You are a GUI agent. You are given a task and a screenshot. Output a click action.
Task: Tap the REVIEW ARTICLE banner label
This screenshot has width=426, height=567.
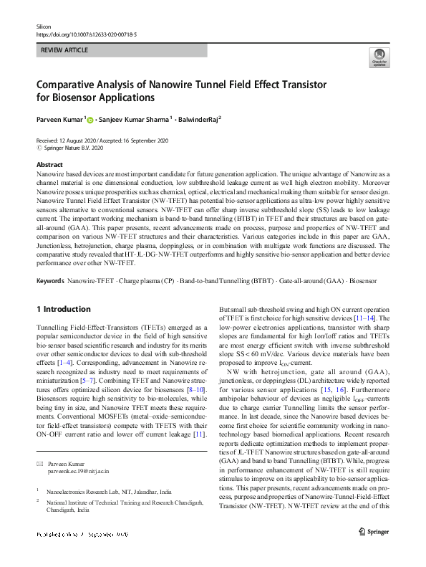point(65,51)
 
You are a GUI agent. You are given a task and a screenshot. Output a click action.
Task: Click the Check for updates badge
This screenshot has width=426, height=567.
point(379,57)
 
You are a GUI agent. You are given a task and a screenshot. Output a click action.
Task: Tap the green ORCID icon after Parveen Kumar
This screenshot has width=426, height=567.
point(90,121)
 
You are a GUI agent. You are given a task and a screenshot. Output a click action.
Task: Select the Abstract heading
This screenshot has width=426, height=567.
point(49,165)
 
